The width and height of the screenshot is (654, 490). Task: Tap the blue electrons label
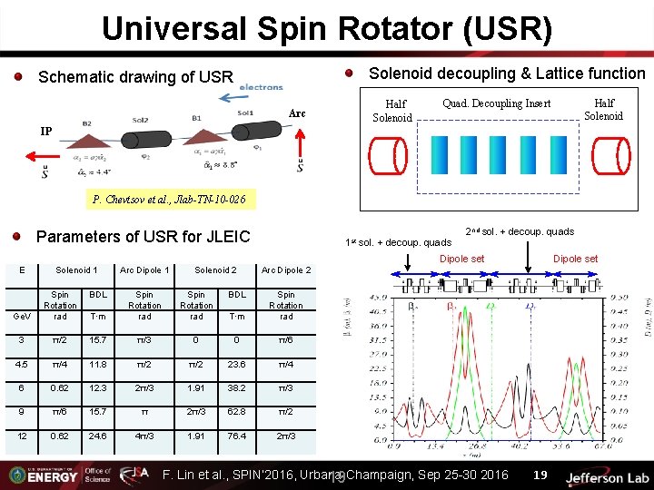coord(261,87)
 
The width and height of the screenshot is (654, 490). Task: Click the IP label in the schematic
coord(45,131)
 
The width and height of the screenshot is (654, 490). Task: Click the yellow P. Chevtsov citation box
coord(168,199)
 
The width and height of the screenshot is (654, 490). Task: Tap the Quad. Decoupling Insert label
coord(496,103)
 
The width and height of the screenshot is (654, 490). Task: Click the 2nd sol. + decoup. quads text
coord(519,232)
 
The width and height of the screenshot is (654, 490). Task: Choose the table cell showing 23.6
coord(237,364)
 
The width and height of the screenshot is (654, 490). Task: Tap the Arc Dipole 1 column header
coord(144,270)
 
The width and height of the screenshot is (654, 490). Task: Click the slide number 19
coord(540,475)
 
